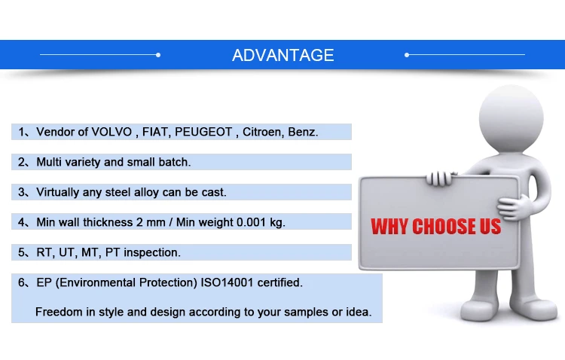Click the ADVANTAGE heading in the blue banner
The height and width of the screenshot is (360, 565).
(x=282, y=55)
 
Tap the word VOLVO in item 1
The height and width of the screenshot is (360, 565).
(x=111, y=132)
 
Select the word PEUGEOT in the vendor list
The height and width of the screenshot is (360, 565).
(x=203, y=132)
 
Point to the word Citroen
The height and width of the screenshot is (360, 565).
(x=261, y=132)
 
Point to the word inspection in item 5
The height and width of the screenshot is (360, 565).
(x=151, y=252)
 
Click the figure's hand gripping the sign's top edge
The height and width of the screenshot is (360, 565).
(x=440, y=178)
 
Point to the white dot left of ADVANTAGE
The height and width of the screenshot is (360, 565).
(x=158, y=55)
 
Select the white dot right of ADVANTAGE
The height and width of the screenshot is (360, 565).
(x=407, y=55)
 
